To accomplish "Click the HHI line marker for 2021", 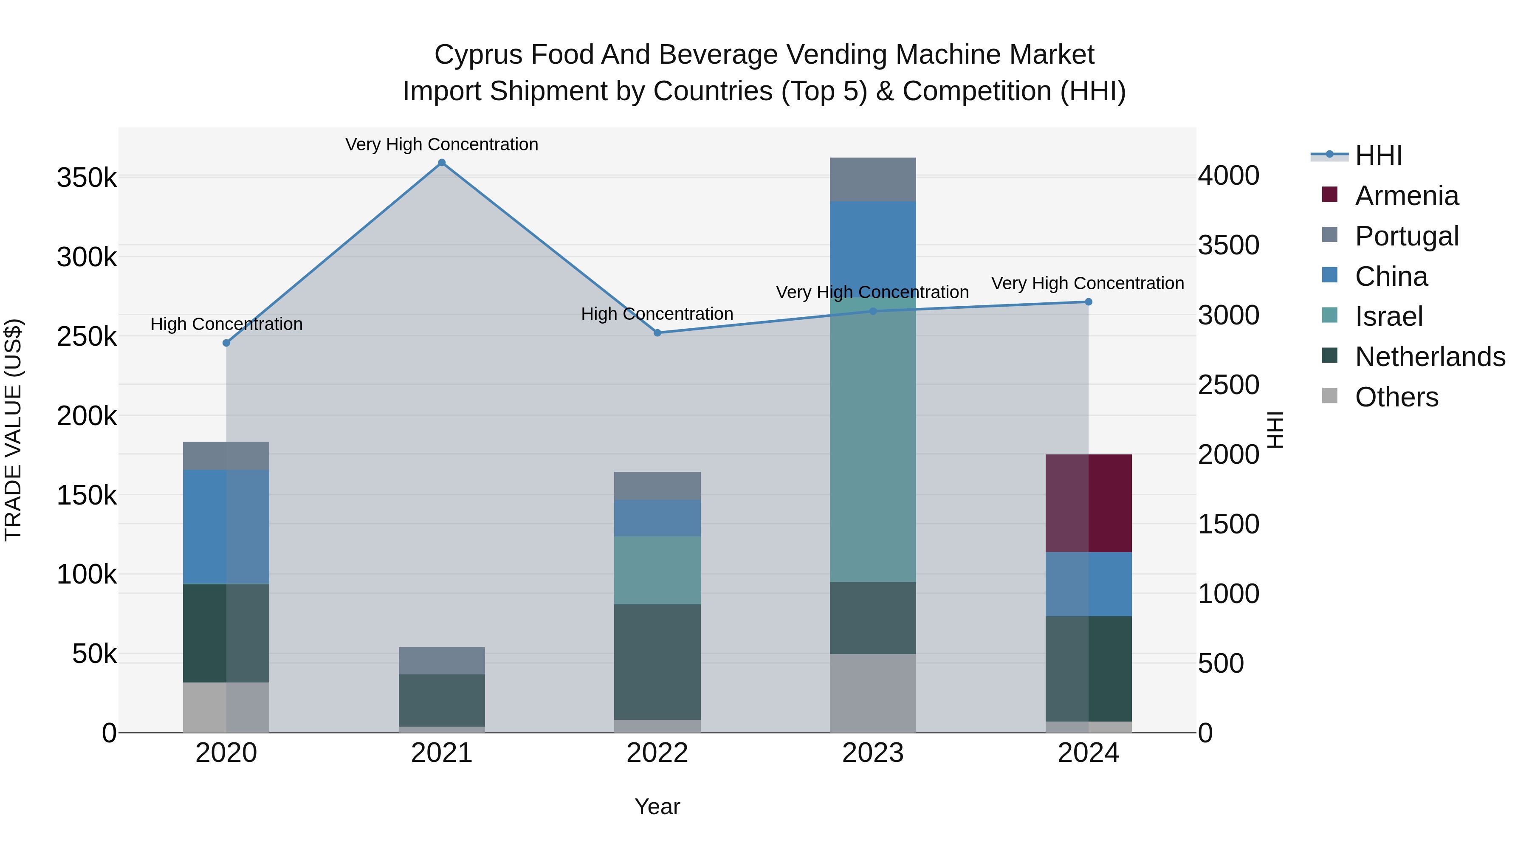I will point(442,163).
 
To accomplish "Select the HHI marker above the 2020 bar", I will point(226,343).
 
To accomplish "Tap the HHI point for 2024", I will point(1088,302).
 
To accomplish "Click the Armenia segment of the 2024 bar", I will point(1088,503).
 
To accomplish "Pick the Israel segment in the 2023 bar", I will point(872,439).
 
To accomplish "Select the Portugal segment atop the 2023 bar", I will point(872,179).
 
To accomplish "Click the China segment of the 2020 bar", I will point(226,527).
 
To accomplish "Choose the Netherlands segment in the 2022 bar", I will point(657,662).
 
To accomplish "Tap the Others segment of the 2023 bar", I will point(872,693).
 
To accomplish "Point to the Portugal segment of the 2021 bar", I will point(442,660).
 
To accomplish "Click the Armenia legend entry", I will point(1407,196).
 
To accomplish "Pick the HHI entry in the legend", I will point(1378,155).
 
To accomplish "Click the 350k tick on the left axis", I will point(87,178).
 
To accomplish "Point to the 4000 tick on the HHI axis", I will point(1228,176).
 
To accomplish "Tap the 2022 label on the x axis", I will point(657,753).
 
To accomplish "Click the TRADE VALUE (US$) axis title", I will point(14,430).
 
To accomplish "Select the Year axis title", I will point(657,806).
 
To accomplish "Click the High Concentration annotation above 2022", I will point(657,313).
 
